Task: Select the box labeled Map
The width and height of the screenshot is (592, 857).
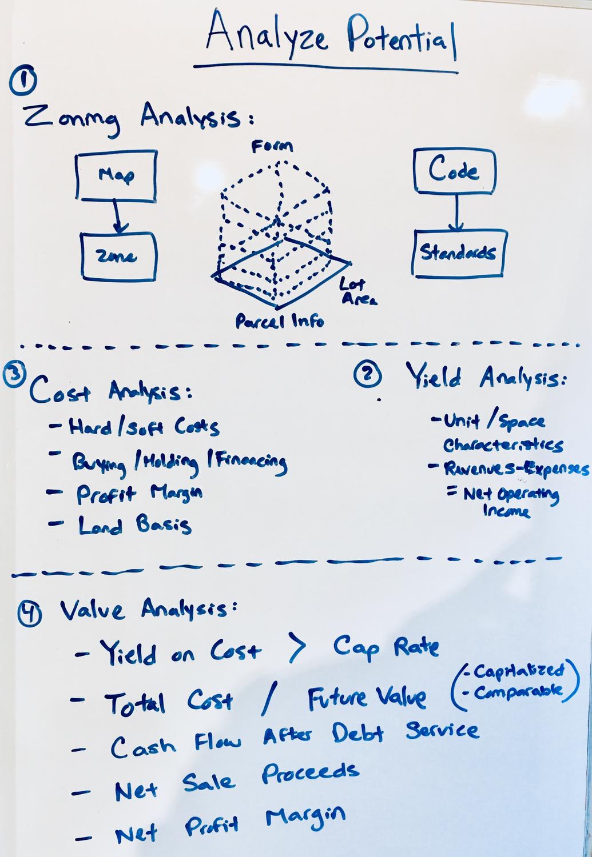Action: (x=116, y=175)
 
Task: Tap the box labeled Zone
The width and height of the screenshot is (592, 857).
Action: (x=118, y=257)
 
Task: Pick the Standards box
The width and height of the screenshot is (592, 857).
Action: (x=459, y=253)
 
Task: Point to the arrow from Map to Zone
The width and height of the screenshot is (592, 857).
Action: (x=117, y=216)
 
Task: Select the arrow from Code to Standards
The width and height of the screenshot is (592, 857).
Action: (x=456, y=212)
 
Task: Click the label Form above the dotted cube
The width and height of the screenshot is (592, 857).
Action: (x=272, y=146)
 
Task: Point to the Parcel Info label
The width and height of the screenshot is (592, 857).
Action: (x=280, y=322)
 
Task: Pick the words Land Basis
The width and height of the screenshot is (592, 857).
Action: (x=135, y=524)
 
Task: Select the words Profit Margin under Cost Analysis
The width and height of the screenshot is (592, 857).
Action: (x=140, y=494)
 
